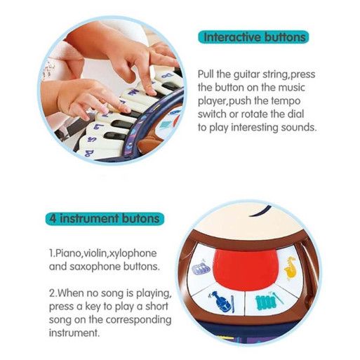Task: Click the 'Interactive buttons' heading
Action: coord(254,37)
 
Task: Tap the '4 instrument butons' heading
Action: coord(105,218)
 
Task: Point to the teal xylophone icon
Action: coord(269,301)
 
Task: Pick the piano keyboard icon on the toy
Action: coord(201,267)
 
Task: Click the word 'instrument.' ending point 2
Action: coord(74,333)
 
